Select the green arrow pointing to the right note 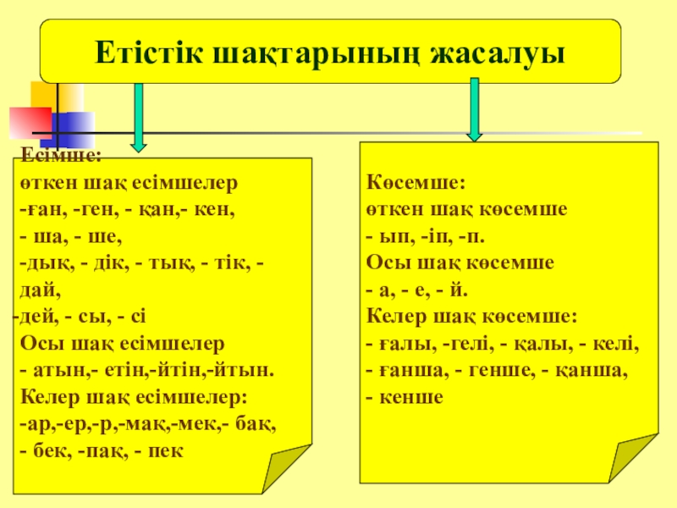474,110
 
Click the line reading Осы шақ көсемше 460,263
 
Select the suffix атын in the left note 52,371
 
